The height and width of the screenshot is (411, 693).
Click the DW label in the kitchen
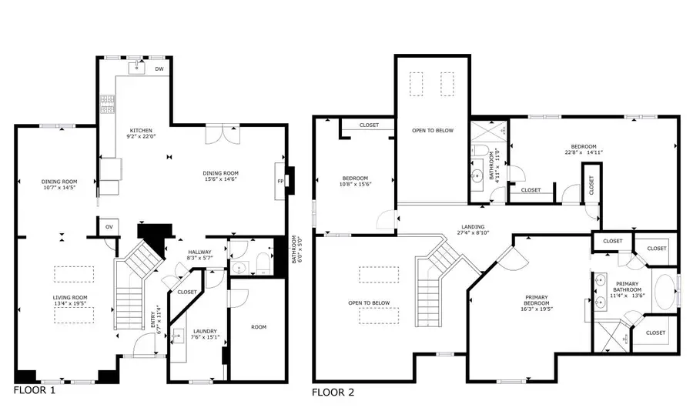(159, 69)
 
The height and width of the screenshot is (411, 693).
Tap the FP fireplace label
(280, 182)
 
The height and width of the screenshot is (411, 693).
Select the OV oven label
(109, 227)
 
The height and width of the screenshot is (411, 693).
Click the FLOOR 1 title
(35, 390)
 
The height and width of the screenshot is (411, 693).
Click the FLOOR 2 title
(333, 393)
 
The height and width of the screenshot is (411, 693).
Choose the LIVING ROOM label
(70, 297)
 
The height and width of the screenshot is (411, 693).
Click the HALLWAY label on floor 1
(200, 252)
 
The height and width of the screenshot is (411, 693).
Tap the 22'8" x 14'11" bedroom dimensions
(582, 152)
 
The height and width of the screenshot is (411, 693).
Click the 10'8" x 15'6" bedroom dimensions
(355, 184)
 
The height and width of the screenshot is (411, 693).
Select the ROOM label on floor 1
(259, 327)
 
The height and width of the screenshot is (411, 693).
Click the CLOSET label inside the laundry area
(186, 292)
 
